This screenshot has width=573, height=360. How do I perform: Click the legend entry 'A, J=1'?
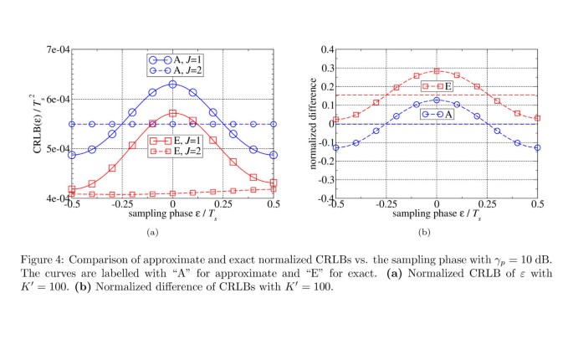click(x=185, y=59)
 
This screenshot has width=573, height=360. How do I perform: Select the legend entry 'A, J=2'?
click(x=185, y=71)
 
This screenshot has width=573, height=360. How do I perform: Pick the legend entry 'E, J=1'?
click(x=185, y=142)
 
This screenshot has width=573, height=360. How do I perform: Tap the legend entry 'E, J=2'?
click(x=185, y=154)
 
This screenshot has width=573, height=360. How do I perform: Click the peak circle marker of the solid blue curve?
click(x=172, y=84)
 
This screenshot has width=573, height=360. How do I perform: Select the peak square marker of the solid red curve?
click(x=172, y=113)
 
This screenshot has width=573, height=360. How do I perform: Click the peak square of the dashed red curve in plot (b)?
click(x=437, y=71)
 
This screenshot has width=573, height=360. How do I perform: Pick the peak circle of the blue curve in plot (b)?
click(x=437, y=100)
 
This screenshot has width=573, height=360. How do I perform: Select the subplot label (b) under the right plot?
click(x=436, y=231)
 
